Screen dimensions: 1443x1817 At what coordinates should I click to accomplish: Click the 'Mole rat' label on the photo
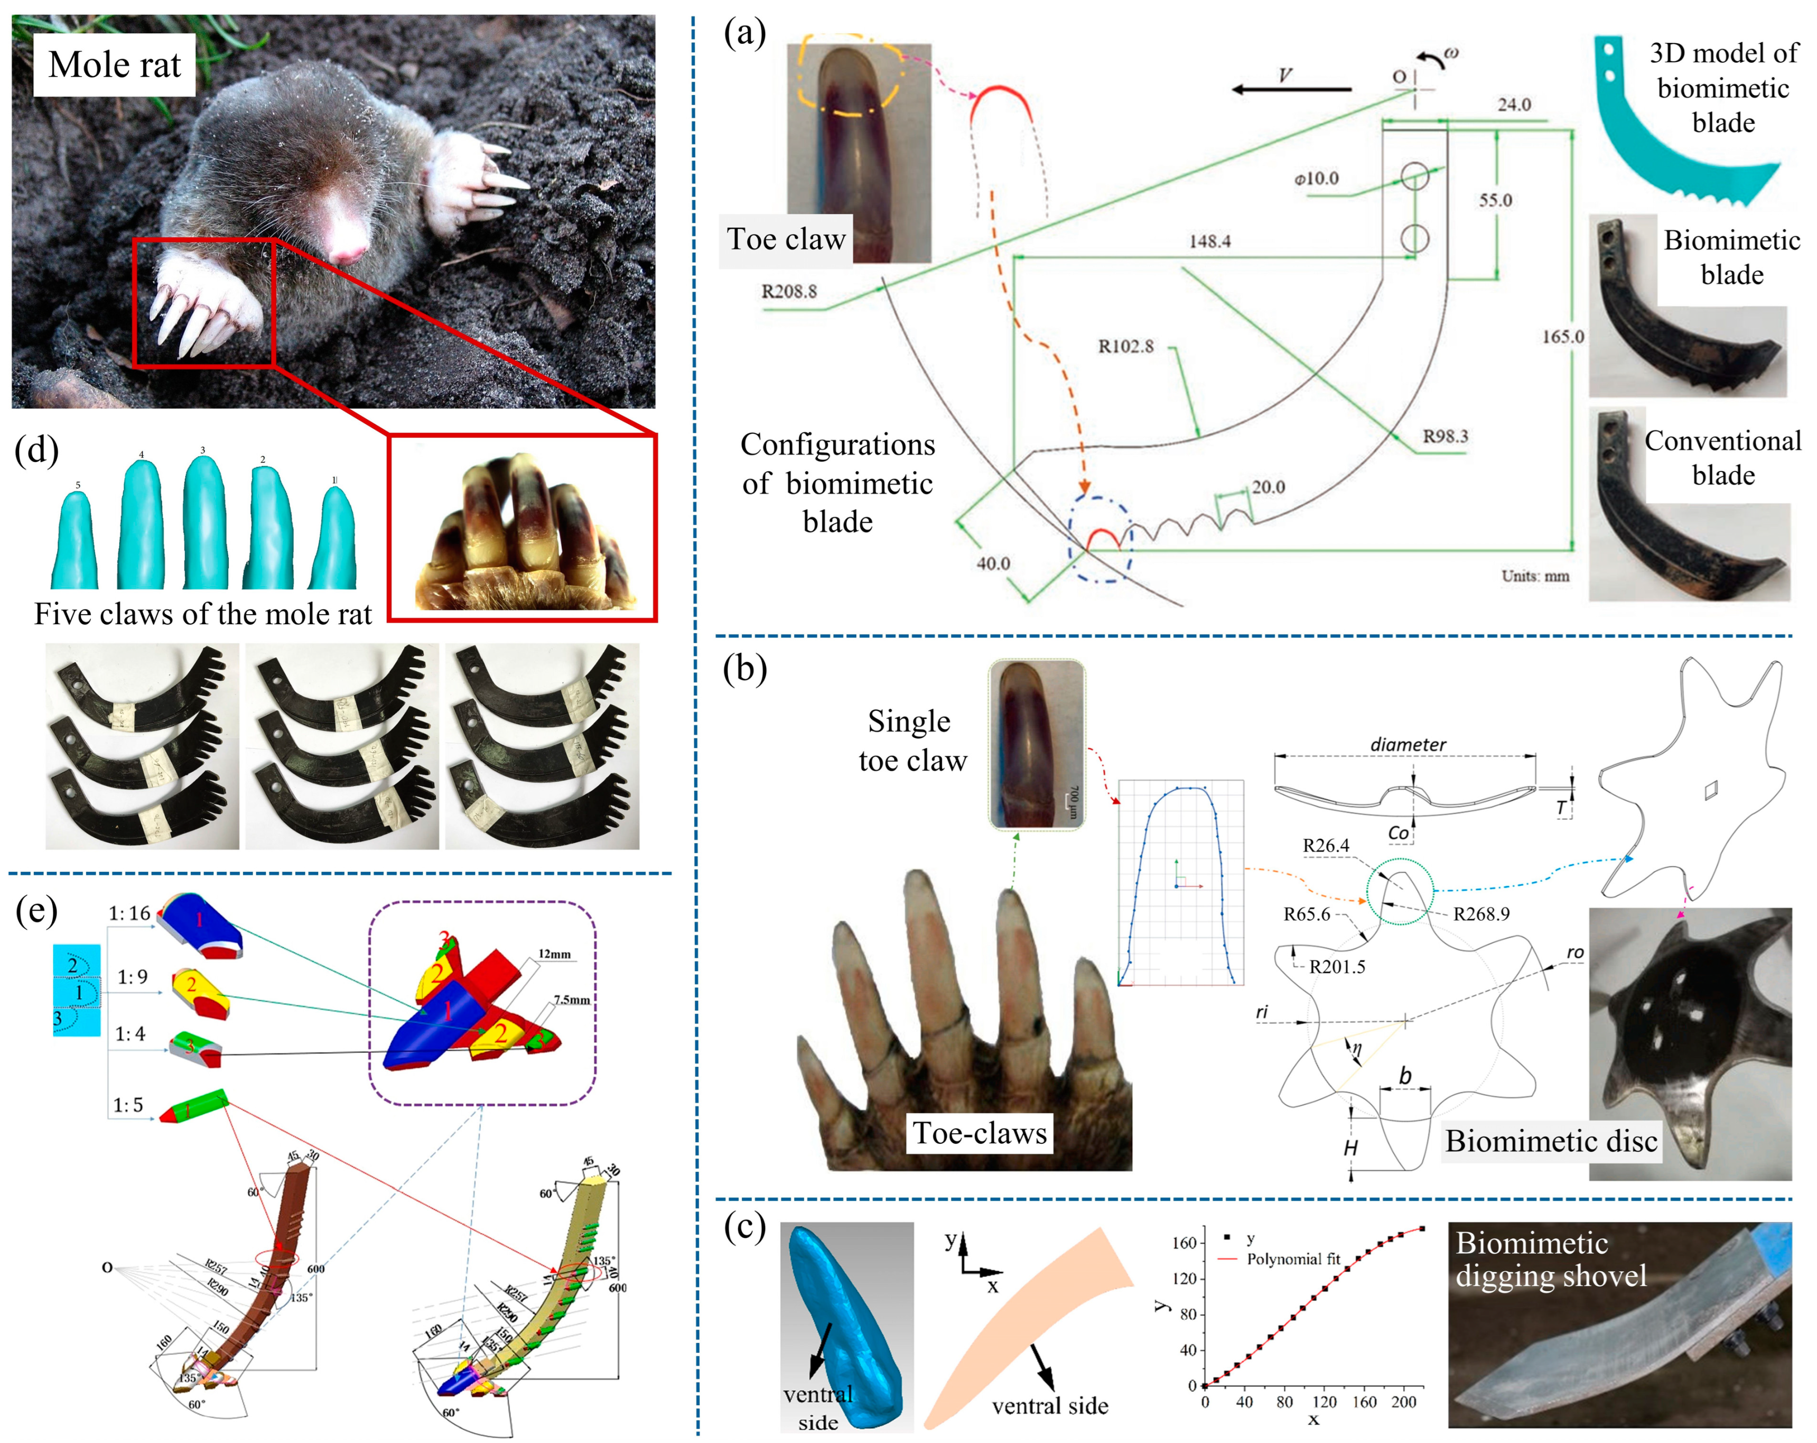pyautogui.click(x=115, y=65)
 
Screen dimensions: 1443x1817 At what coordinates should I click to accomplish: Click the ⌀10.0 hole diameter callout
pyautogui.click(x=1317, y=179)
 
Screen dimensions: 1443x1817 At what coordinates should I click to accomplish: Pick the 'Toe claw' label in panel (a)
pyautogui.click(x=786, y=240)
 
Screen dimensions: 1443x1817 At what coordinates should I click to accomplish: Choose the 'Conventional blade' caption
pyautogui.click(x=1722, y=458)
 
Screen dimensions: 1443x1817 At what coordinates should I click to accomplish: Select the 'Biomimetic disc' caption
pyautogui.click(x=1551, y=1141)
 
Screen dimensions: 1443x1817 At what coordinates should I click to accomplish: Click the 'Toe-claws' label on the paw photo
pyautogui.click(x=979, y=1134)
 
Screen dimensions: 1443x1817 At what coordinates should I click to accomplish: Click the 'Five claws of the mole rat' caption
pyautogui.click(x=202, y=614)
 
